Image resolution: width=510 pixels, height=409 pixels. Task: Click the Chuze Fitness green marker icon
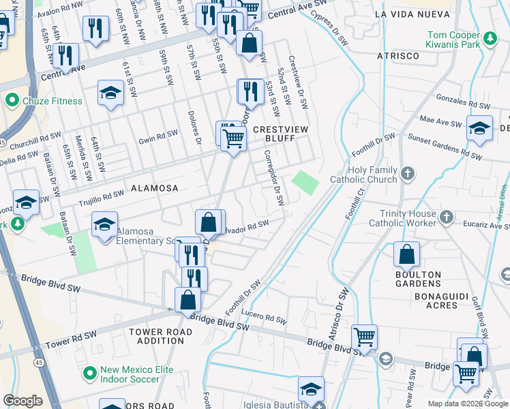[12, 102]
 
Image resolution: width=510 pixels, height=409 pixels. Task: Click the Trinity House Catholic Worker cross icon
[446, 217]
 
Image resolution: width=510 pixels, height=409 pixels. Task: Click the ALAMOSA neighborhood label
[154, 188]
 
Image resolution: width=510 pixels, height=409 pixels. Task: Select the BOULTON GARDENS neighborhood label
[417, 279]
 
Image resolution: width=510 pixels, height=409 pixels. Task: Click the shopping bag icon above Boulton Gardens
[406, 255]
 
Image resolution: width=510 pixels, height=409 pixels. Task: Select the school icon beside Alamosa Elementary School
[104, 224]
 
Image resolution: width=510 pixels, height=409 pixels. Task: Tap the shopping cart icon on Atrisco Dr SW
[364, 336]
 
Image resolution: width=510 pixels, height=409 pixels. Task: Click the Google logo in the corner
[22, 401]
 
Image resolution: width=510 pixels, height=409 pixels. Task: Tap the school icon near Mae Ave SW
[479, 128]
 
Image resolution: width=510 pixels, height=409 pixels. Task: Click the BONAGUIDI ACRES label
[427, 300]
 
